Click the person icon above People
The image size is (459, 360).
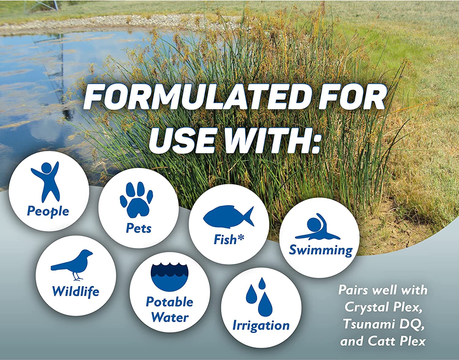point(45,181)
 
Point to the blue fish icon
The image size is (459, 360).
point(229,217)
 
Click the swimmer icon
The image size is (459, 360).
point(318,228)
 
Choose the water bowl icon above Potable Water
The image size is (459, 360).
point(169,277)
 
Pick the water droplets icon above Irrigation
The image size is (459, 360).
point(259,297)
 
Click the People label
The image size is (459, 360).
point(48,211)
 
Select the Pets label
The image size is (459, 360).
point(139,227)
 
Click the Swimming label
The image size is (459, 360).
point(320,250)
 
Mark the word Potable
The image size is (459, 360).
point(169,302)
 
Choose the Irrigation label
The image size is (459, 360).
point(261,326)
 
